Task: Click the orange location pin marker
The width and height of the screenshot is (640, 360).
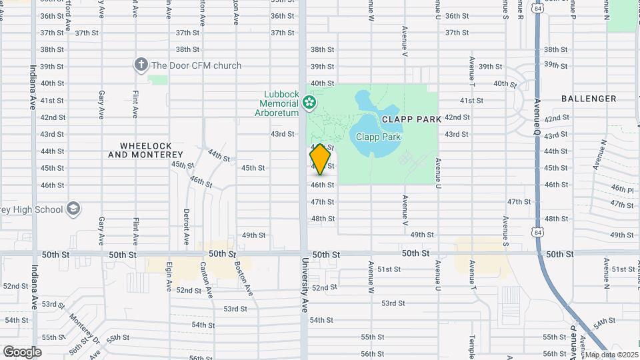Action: [320, 159]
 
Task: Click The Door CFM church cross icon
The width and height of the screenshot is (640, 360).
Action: [141, 65]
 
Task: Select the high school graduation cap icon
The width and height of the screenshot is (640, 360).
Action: [73, 209]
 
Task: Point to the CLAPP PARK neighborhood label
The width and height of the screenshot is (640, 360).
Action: [411, 119]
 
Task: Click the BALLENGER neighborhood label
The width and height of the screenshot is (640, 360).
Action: [589, 99]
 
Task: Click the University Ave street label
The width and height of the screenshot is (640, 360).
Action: [305, 285]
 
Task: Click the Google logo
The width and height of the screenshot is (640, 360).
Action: [22, 352]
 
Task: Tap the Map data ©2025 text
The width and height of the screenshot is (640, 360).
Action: [611, 355]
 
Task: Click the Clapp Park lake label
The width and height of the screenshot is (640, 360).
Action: [378, 137]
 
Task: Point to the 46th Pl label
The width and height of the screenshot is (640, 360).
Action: [621, 190]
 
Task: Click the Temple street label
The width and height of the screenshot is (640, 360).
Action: [472, 346]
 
